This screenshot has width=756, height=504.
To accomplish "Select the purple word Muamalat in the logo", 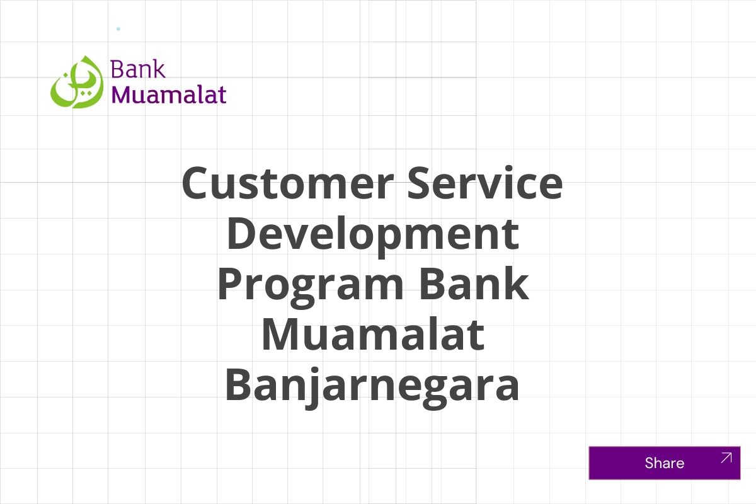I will click(168, 94).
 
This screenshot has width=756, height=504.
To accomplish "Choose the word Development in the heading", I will click(372, 234).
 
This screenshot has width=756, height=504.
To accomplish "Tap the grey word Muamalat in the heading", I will click(372, 335).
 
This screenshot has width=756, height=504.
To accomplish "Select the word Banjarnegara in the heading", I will click(372, 385).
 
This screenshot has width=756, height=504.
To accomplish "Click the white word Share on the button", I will click(664, 463).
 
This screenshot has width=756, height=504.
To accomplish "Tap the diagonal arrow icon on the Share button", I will click(726, 458).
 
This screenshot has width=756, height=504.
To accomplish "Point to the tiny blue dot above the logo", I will click(118, 29).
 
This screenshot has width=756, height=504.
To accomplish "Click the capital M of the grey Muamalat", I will click(281, 335).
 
